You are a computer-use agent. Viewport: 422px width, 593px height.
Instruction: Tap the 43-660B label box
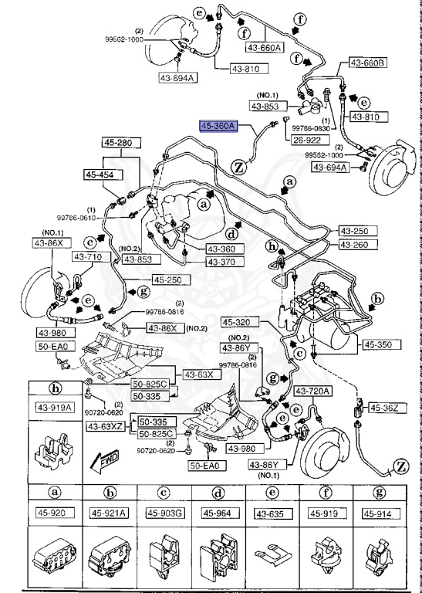pos(367,63)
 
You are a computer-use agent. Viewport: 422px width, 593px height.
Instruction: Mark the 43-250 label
pos(356,231)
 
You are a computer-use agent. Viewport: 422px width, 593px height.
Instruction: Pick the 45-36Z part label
pos(383,407)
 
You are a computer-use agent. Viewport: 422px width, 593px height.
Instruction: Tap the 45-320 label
pos(238,323)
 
